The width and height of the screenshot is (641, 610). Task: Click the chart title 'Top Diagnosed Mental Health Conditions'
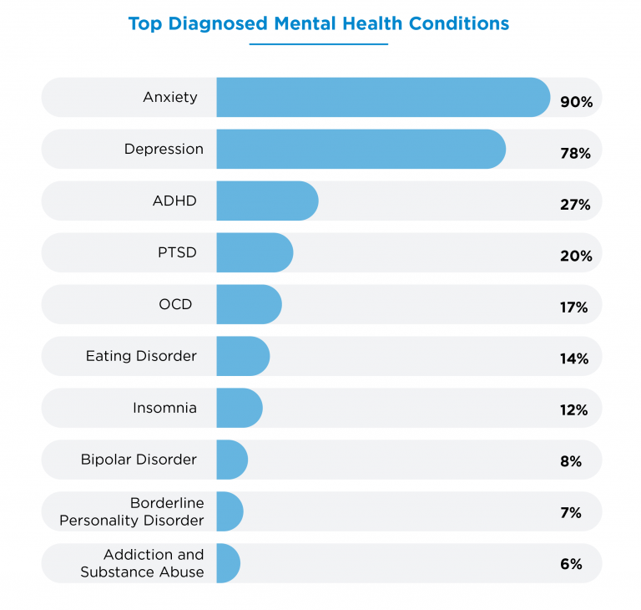click(318, 23)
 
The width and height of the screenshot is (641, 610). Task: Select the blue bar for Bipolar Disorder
click(232, 460)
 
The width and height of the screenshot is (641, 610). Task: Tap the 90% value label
click(576, 102)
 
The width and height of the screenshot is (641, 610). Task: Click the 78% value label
click(576, 154)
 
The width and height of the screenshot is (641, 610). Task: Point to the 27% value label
click(575, 205)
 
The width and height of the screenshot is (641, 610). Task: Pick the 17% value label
click(574, 308)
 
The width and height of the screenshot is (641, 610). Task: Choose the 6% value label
click(571, 564)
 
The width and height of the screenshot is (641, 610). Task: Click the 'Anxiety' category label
click(170, 97)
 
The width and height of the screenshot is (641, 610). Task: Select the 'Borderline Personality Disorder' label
click(131, 511)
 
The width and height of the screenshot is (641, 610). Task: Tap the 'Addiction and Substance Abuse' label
click(142, 563)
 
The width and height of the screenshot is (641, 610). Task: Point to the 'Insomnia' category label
click(164, 408)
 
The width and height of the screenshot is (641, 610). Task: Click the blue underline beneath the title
click(318, 44)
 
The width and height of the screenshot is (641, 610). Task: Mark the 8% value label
click(571, 461)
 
